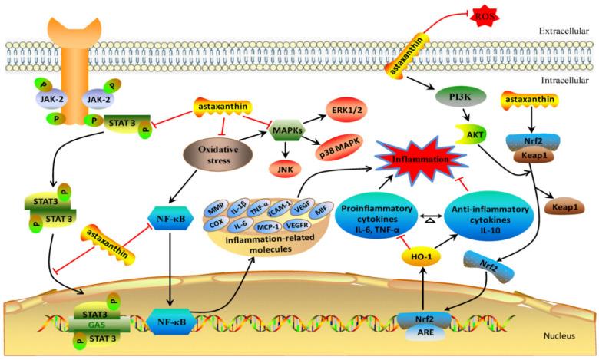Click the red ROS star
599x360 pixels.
click(x=485, y=16)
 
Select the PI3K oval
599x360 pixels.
click(x=461, y=97)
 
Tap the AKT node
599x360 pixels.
click(x=471, y=134)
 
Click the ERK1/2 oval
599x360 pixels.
click(x=345, y=111)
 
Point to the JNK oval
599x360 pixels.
click(x=286, y=169)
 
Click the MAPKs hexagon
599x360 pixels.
click(x=287, y=130)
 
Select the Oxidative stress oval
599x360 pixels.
click(x=218, y=154)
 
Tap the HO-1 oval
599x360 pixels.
click(x=422, y=257)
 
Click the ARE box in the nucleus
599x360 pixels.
click(x=425, y=332)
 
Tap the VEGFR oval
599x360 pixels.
click(x=297, y=225)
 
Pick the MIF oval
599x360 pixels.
click(x=320, y=210)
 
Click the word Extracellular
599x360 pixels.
click(x=564, y=31)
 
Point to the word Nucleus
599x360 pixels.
click(x=559, y=336)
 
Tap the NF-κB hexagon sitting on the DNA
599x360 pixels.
click(x=171, y=322)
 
